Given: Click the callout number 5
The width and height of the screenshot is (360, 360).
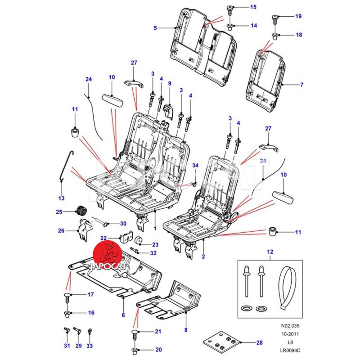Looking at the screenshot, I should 155,28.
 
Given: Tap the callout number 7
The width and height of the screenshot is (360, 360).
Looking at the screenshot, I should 302,84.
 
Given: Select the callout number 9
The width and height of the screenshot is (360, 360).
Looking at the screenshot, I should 170,84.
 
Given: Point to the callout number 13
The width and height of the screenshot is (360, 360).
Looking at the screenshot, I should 62,198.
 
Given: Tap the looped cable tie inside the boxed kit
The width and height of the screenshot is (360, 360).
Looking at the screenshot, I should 287,286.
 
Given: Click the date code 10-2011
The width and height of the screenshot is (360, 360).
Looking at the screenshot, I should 290,333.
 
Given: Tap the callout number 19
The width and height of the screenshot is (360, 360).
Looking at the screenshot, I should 298,16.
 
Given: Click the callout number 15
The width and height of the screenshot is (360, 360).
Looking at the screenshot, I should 253,7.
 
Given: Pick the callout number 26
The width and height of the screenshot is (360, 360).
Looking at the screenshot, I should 62,231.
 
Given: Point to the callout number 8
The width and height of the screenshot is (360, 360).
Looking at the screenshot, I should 185,330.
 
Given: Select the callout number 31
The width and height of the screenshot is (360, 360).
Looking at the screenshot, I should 67,346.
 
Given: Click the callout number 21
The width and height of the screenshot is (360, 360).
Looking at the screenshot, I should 158,332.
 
